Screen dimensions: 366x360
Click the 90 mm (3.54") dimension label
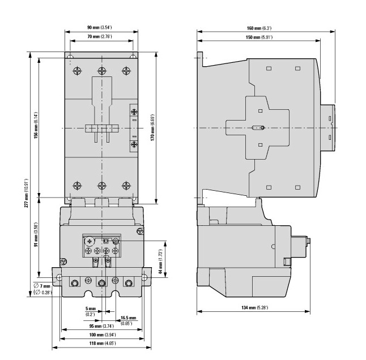pos(100,28)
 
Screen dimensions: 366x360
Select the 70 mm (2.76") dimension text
pos(100,37)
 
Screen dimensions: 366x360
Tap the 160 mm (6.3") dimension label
pos(259,28)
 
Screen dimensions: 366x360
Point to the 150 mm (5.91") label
pos(259,37)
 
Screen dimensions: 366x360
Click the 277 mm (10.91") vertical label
pos(26,193)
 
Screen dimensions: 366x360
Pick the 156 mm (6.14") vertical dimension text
pos(36,125)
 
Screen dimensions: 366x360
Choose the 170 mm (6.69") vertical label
pos(152,127)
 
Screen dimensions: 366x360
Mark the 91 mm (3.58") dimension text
pos(36,235)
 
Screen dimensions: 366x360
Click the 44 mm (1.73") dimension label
pos(160,262)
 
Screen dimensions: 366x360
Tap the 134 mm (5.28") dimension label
pos(254,307)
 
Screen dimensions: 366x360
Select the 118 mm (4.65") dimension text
pos(103,343)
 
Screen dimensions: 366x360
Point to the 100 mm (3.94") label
pos(103,335)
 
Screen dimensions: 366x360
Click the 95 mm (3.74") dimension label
pos(101,326)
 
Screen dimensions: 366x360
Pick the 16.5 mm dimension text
pos(128,318)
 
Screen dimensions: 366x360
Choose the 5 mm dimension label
pos(91,308)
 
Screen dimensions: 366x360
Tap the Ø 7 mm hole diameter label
pos(42,286)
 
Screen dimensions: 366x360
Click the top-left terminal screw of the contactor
pos(77,71)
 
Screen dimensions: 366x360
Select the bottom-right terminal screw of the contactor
pos(126,186)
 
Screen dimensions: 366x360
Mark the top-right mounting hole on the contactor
pos(133,57)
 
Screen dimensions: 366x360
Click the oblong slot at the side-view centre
pos(258,128)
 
